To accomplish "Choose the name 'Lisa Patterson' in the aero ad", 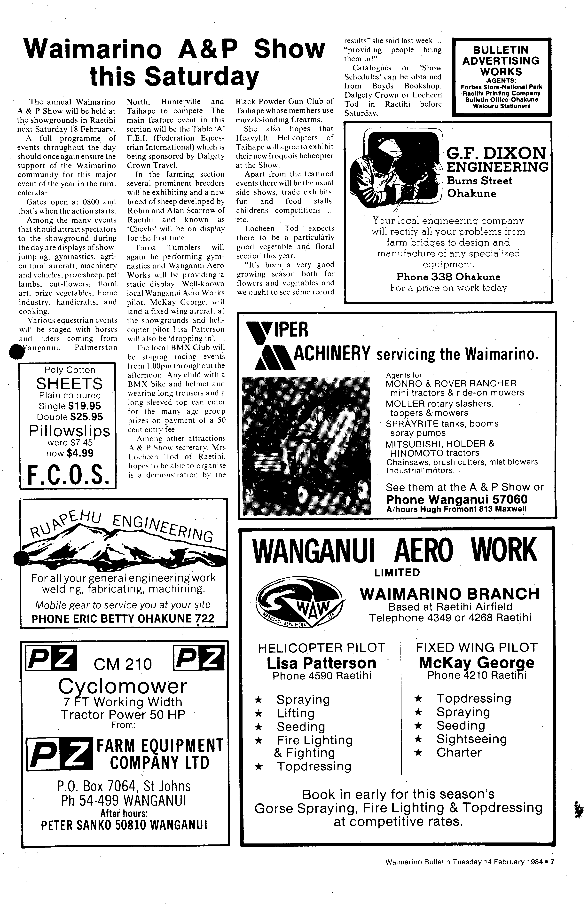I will [x=321, y=663].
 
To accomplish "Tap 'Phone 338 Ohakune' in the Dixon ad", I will [x=448, y=277].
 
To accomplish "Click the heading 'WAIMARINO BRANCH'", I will [x=450, y=594].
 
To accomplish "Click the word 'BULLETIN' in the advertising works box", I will [x=501, y=50].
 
